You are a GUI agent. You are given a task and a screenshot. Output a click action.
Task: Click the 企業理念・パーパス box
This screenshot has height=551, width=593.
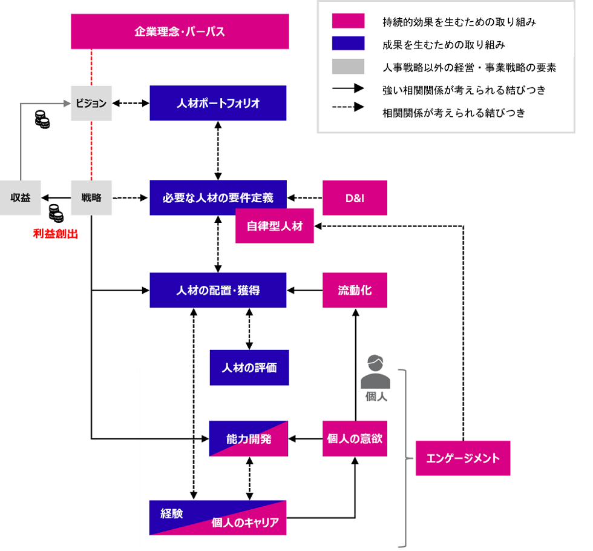(x=180, y=31)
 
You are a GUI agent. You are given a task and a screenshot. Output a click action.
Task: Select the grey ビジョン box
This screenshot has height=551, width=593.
(x=91, y=103)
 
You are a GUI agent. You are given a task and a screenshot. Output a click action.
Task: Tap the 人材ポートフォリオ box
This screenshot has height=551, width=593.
(x=218, y=103)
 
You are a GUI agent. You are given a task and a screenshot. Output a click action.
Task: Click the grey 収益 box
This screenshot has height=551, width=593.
(x=21, y=197)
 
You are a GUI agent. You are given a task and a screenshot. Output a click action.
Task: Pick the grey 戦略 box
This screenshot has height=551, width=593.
(x=91, y=197)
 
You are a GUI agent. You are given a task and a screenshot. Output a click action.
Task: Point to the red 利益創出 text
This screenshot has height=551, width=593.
(x=56, y=234)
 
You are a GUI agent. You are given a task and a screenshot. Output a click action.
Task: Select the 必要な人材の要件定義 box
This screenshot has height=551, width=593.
(x=218, y=197)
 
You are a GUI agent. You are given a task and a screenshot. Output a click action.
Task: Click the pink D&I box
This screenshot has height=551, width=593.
(x=355, y=197)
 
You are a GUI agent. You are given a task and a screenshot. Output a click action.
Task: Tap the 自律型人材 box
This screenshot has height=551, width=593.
(x=274, y=226)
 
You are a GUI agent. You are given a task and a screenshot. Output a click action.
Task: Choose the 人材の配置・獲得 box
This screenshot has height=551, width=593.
(x=218, y=291)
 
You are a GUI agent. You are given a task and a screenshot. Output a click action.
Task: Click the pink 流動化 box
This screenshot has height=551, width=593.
(x=355, y=291)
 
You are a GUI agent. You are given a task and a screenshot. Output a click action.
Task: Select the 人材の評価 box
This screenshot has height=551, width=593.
(x=249, y=368)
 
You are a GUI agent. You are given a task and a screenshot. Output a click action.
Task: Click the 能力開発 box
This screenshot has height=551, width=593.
(x=249, y=438)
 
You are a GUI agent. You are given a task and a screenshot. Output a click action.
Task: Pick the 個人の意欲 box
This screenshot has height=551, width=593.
(x=355, y=438)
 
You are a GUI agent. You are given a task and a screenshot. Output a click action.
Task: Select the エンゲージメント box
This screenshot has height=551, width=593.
(x=463, y=458)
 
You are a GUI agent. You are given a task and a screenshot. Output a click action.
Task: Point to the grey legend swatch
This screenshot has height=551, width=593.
(x=348, y=67)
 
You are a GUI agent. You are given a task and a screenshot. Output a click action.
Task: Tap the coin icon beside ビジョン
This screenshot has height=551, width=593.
(x=42, y=119)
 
